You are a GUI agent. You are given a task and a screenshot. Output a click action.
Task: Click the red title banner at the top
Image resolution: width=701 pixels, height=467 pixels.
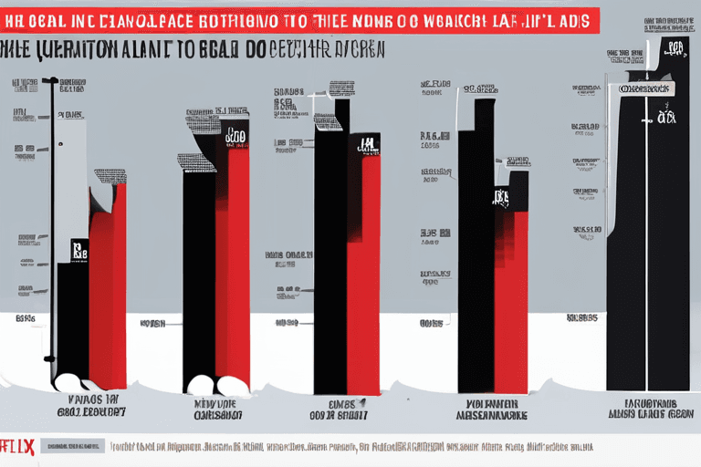(x=301, y=20)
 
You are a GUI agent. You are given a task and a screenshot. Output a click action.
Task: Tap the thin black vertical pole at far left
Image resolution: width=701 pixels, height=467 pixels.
(x=53, y=228)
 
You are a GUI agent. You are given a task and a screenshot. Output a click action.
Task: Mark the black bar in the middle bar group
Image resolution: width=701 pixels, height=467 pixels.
(x=330, y=255)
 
